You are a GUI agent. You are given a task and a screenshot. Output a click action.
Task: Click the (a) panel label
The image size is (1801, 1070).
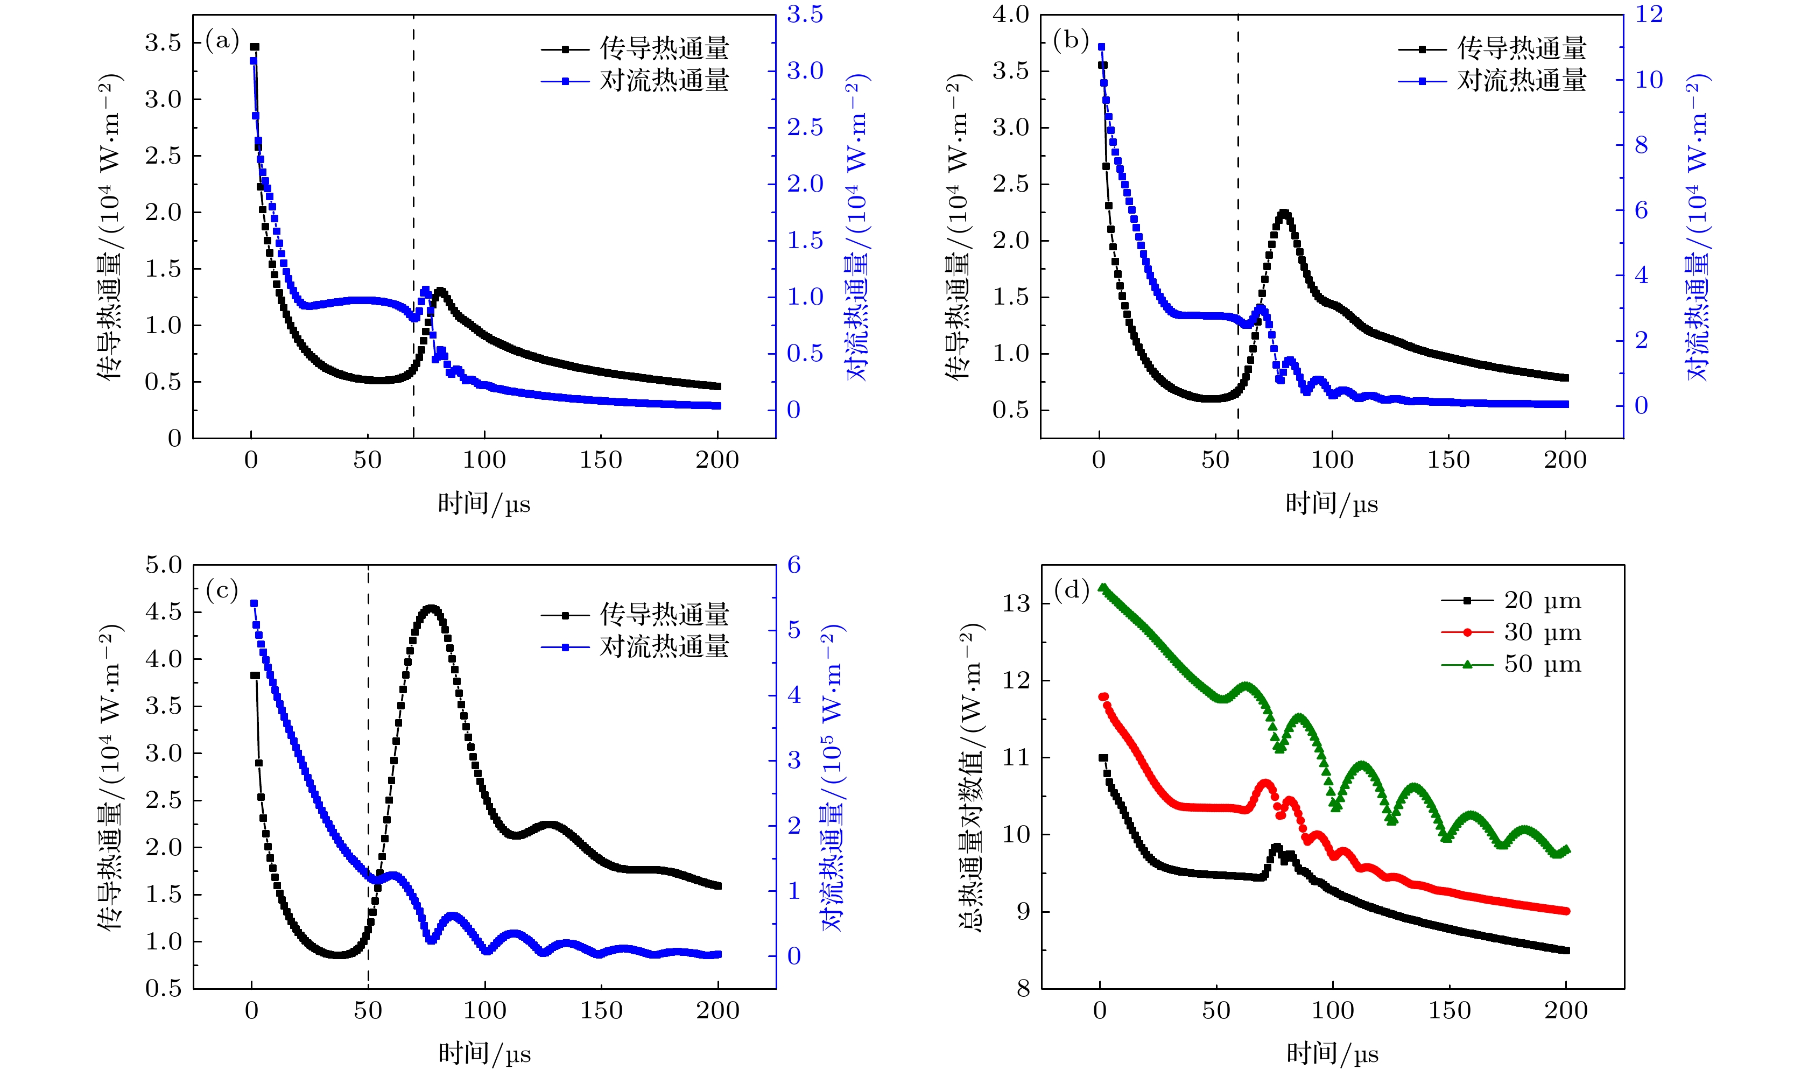[x=222, y=40]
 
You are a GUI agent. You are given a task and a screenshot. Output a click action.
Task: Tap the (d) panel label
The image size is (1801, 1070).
[x=1071, y=590]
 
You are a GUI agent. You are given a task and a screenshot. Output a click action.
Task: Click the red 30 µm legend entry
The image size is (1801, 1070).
[x=1511, y=632]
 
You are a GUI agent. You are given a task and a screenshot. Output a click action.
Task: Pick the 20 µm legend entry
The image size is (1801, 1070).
[x=1511, y=600]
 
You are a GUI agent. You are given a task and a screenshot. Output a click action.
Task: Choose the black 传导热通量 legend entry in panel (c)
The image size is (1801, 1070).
[x=635, y=614]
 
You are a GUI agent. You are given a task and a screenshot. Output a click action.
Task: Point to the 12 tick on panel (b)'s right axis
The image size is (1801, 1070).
[x=1649, y=15]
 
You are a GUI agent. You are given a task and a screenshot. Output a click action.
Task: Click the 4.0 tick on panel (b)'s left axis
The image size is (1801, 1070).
[x=1011, y=15]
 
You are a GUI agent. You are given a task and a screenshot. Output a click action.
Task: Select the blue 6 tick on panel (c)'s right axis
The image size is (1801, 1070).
[x=794, y=565]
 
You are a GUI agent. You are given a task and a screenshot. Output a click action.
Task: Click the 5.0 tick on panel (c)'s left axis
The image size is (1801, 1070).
[x=164, y=565]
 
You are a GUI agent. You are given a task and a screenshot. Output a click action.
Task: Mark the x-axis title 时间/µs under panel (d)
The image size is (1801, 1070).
[x=1332, y=1053]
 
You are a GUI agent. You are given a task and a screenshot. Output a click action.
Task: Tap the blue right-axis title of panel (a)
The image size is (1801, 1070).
[x=857, y=227]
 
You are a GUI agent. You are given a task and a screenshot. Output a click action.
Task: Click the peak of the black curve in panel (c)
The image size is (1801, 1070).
[x=431, y=609]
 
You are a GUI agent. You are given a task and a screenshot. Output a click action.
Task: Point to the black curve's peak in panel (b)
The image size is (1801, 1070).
[x=1283, y=214]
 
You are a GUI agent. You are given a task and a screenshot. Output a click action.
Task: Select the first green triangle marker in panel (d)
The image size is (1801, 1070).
[x=1102, y=588]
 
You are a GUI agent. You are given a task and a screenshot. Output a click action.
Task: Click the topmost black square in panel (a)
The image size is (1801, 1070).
[x=254, y=47]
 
